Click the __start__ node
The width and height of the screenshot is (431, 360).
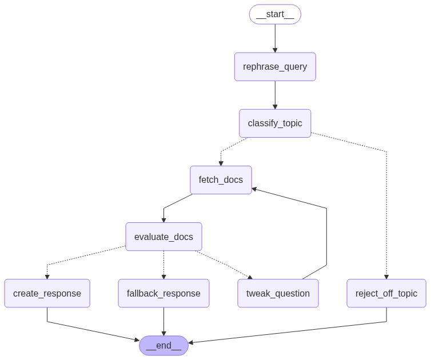click(x=275, y=14)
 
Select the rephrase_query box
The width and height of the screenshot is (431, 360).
click(x=275, y=67)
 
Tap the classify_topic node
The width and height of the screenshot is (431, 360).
click(x=275, y=123)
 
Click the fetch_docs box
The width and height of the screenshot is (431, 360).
click(x=221, y=180)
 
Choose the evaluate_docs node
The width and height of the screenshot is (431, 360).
click(x=163, y=237)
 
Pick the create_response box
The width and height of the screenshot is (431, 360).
click(x=47, y=293)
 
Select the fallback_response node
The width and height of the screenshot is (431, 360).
click(x=163, y=293)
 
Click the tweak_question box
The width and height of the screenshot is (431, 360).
click(x=278, y=293)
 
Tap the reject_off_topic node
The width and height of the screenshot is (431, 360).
click(x=386, y=293)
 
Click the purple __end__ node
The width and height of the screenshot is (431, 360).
click(x=163, y=345)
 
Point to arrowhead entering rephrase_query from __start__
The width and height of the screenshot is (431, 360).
click(x=275, y=50)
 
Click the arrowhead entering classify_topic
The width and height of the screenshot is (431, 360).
click(x=275, y=107)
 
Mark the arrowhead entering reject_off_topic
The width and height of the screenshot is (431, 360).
click(x=386, y=277)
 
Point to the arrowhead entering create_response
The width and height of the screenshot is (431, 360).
click(x=47, y=277)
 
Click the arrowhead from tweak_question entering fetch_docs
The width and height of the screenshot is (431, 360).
click(x=254, y=189)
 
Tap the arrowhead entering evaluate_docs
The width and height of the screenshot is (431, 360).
click(x=163, y=220)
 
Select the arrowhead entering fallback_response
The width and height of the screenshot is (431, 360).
click(x=163, y=277)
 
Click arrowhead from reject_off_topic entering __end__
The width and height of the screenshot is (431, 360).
click(x=191, y=342)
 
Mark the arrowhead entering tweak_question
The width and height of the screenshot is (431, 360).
click(x=250, y=277)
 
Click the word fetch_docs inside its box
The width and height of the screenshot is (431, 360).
click(x=221, y=180)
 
